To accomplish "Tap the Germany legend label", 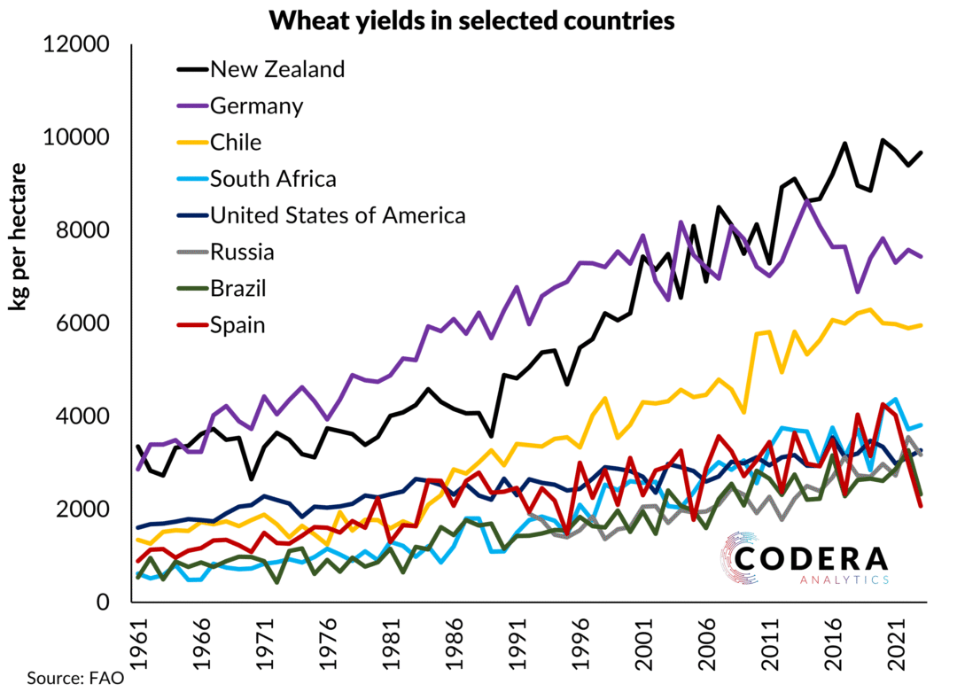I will [x=257, y=105].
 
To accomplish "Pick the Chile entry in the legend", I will [x=236, y=142].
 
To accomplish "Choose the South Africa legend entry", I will [x=273, y=178].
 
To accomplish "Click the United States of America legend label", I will [x=338, y=214].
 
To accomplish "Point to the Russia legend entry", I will [x=242, y=252].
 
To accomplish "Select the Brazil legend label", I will [x=237, y=288].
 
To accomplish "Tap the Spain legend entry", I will [x=237, y=325].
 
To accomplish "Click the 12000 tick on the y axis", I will [x=77, y=45].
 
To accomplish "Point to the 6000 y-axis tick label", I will [x=84, y=324].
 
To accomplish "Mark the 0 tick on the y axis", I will [x=103, y=603].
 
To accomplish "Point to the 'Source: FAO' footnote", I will [x=74, y=680].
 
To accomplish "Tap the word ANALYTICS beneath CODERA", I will [x=834, y=579].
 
